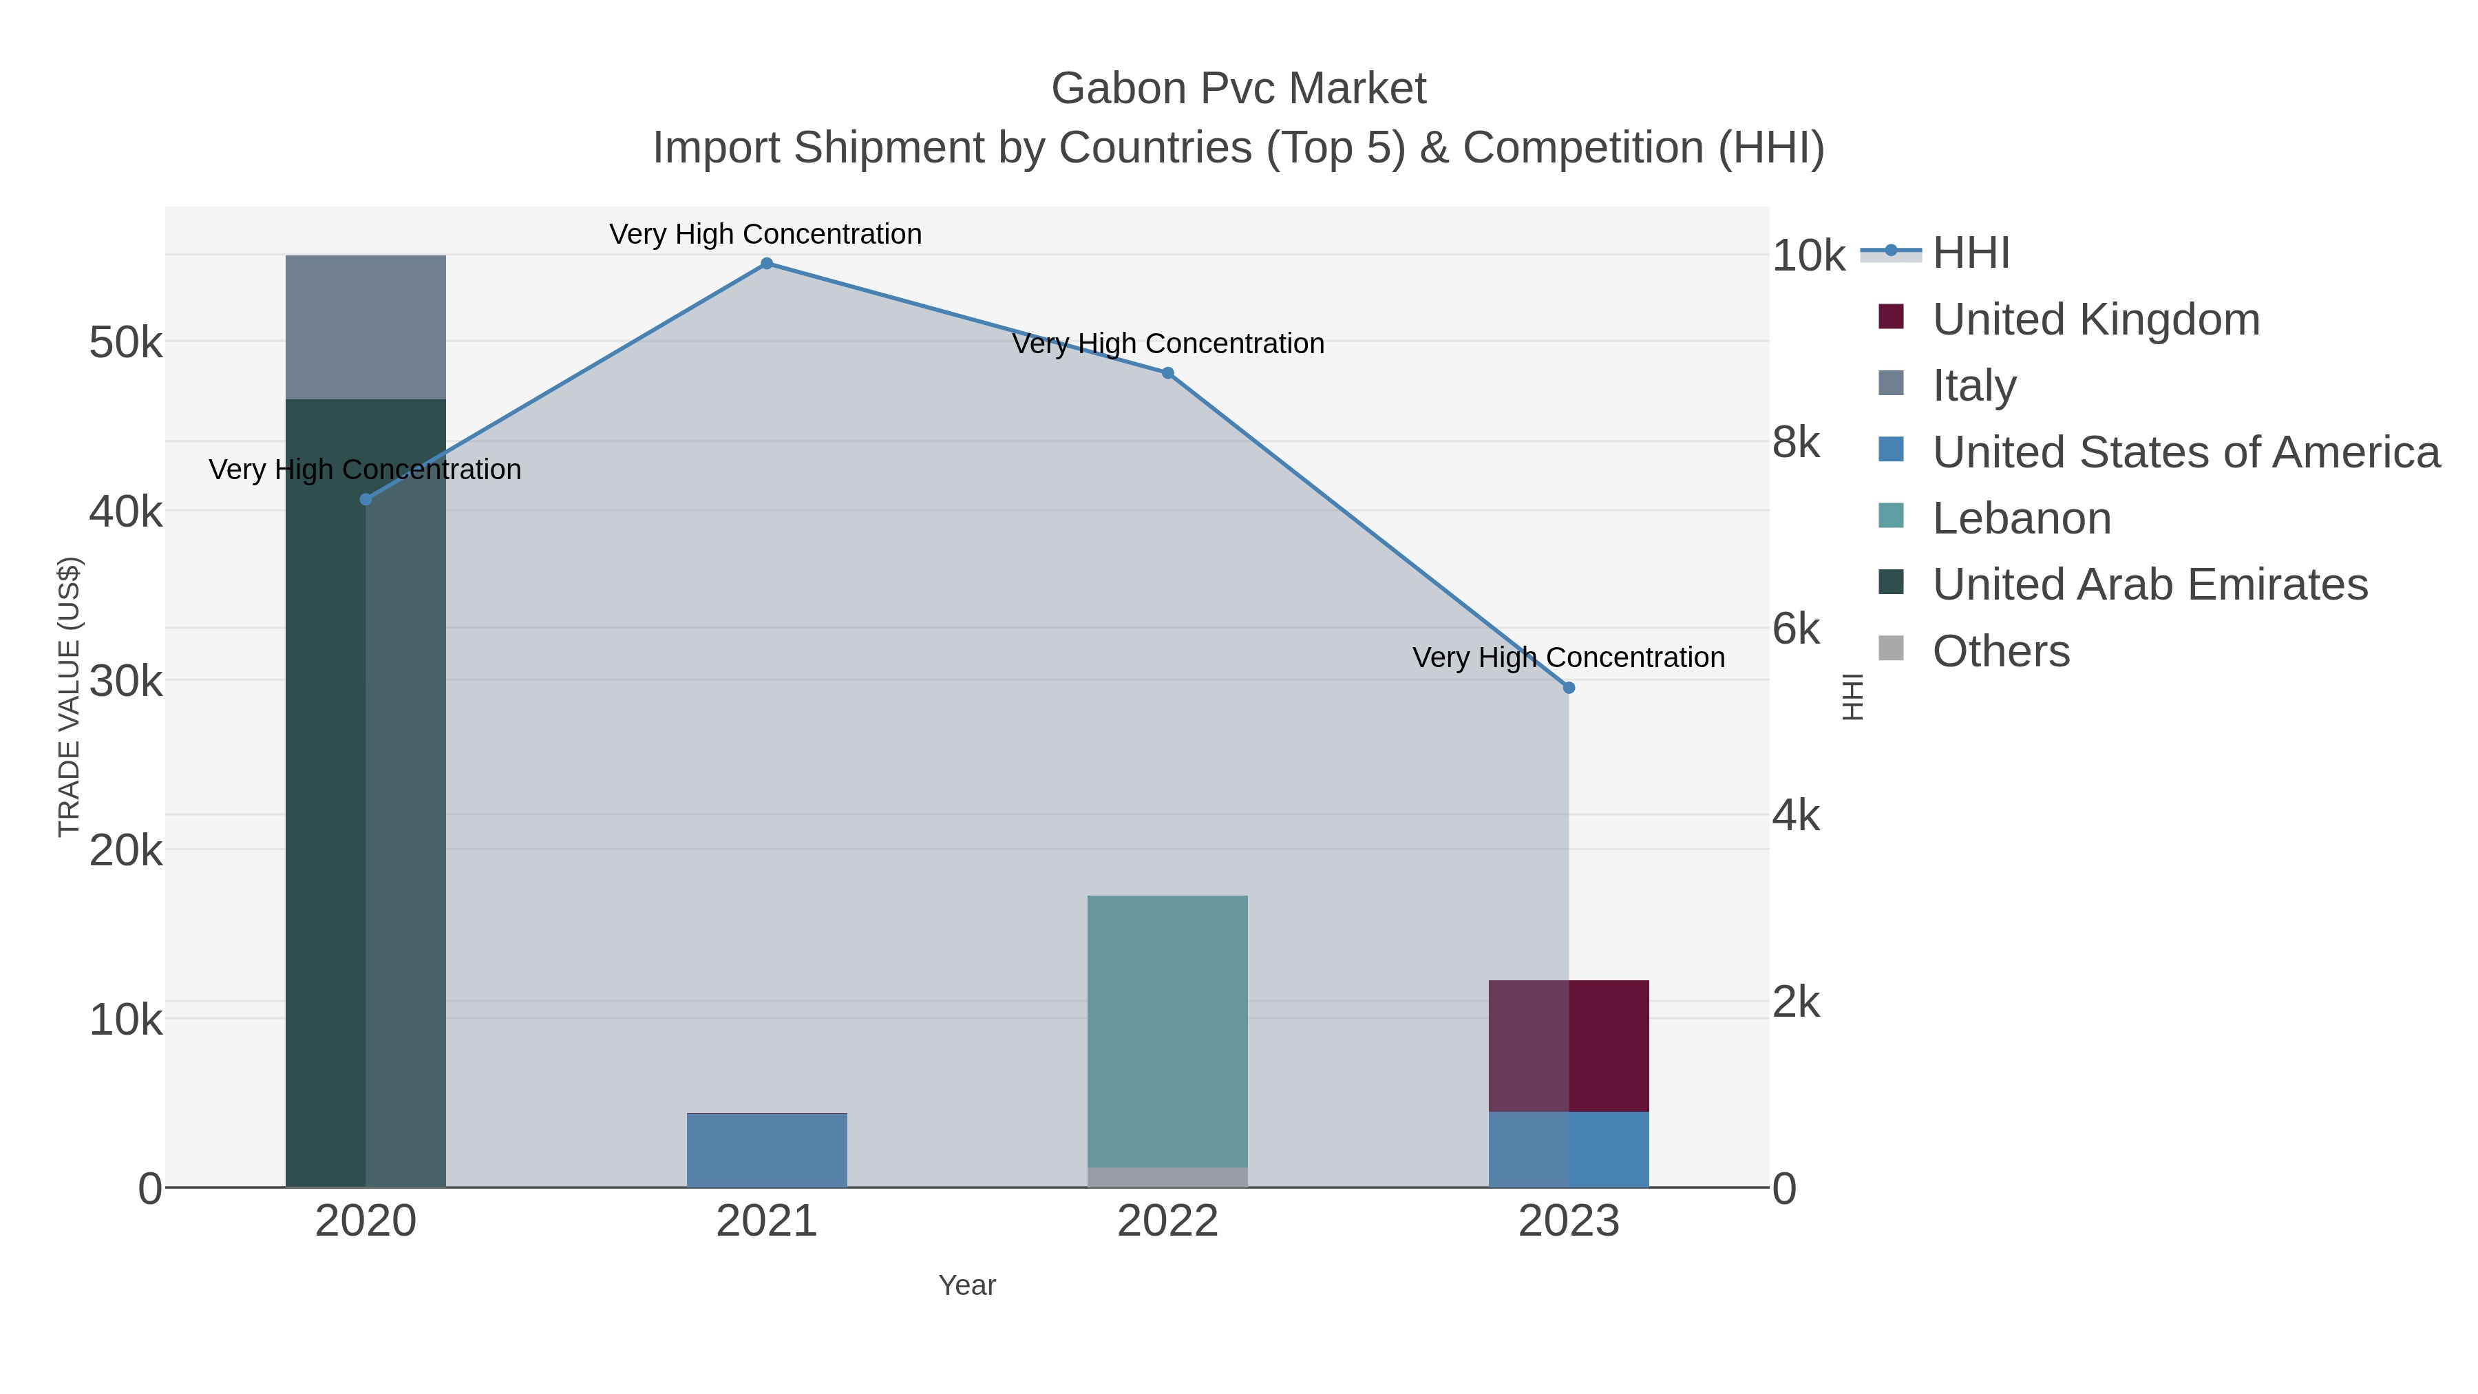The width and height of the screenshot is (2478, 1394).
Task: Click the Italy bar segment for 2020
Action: click(x=366, y=327)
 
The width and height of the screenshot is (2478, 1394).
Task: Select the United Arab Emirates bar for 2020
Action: click(x=366, y=789)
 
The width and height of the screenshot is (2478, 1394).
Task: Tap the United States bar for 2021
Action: click(x=767, y=1150)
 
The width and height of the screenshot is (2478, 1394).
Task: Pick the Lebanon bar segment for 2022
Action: click(x=1167, y=1029)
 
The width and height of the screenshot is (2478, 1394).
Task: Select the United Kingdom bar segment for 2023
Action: click(x=1568, y=1046)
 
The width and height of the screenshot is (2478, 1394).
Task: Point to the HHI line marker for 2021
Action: click(x=767, y=264)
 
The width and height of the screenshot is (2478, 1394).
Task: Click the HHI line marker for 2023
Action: click(x=1569, y=688)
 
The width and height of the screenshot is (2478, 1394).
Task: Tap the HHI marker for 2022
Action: click(x=1168, y=373)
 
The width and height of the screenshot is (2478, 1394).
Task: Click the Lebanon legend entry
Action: click(x=2020, y=518)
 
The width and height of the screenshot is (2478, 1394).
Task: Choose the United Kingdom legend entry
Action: click(x=2095, y=319)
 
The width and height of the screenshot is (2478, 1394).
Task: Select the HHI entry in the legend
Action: click(x=1970, y=253)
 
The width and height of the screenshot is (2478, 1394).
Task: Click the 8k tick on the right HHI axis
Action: click(x=1796, y=443)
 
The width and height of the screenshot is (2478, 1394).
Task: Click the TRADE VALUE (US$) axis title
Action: click(x=70, y=697)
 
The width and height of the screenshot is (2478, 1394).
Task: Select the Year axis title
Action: click(x=967, y=1285)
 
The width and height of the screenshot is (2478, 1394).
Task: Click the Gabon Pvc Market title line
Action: click(x=1238, y=89)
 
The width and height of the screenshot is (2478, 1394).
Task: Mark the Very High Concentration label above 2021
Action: click(x=765, y=234)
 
